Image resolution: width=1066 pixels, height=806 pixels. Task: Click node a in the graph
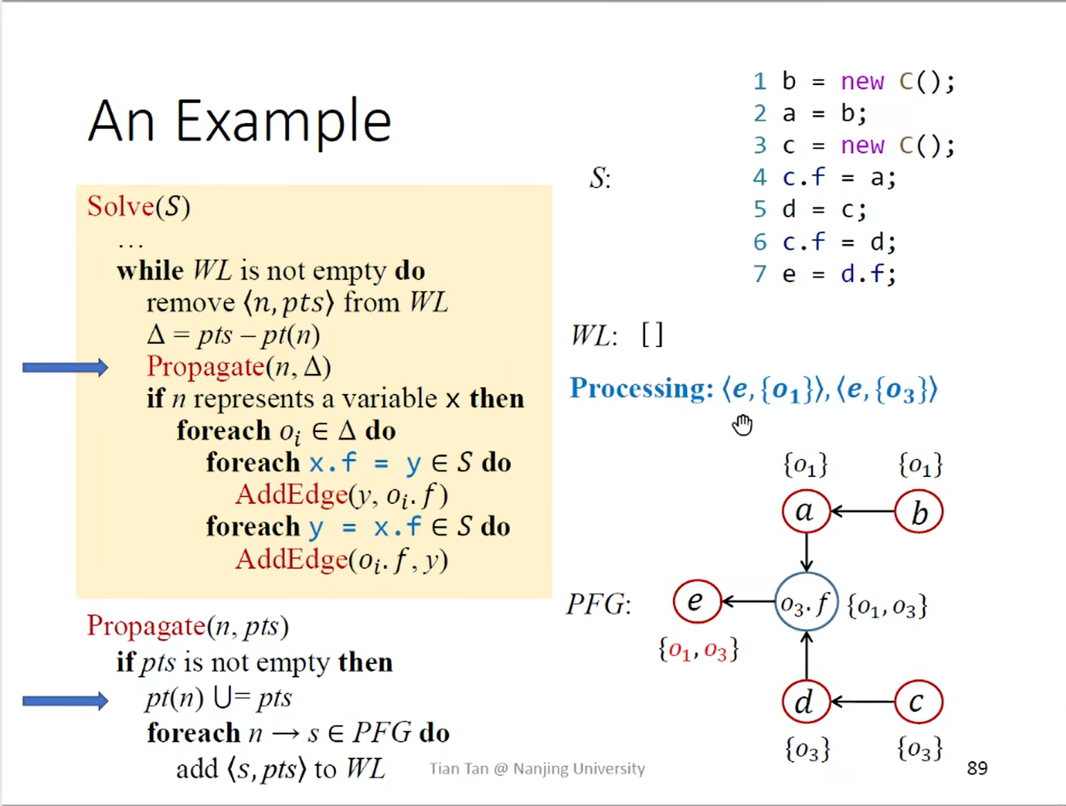pyautogui.click(x=805, y=511)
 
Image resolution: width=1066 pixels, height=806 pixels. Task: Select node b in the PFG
pyautogui.click(x=919, y=513)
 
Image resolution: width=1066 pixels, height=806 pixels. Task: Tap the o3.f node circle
pyautogui.click(x=805, y=603)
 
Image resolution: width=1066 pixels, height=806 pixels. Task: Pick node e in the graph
pyautogui.click(x=696, y=602)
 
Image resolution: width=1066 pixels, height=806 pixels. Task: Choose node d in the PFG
pyautogui.click(x=805, y=702)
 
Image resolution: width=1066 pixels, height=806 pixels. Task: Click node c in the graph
pyautogui.click(x=918, y=702)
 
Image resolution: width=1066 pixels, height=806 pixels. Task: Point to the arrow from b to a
pyautogui.click(x=862, y=512)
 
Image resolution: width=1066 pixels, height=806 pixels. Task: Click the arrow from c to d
pyautogui.click(x=862, y=702)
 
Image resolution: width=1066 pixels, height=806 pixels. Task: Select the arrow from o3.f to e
pyautogui.click(x=748, y=602)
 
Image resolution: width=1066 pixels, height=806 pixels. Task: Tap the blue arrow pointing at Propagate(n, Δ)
pyautogui.click(x=65, y=367)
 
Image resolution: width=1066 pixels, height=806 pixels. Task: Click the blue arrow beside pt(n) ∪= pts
pyautogui.click(x=65, y=700)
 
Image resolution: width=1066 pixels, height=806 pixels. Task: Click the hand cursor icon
pyautogui.click(x=742, y=425)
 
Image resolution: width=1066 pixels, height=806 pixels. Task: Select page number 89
pyautogui.click(x=976, y=768)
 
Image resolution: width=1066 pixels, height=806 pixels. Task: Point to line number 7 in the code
pyautogui.click(x=760, y=274)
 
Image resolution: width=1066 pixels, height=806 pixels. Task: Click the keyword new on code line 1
pyautogui.click(x=862, y=81)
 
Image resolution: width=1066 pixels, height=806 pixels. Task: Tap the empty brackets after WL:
pyautogui.click(x=652, y=335)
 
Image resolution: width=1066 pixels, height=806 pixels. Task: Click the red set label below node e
pyautogui.click(x=698, y=649)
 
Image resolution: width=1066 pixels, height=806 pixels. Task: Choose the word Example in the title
pyautogui.click(x=284, y=122)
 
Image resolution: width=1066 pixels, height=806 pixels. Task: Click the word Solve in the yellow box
pyautogui.click(x=120, y=206)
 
